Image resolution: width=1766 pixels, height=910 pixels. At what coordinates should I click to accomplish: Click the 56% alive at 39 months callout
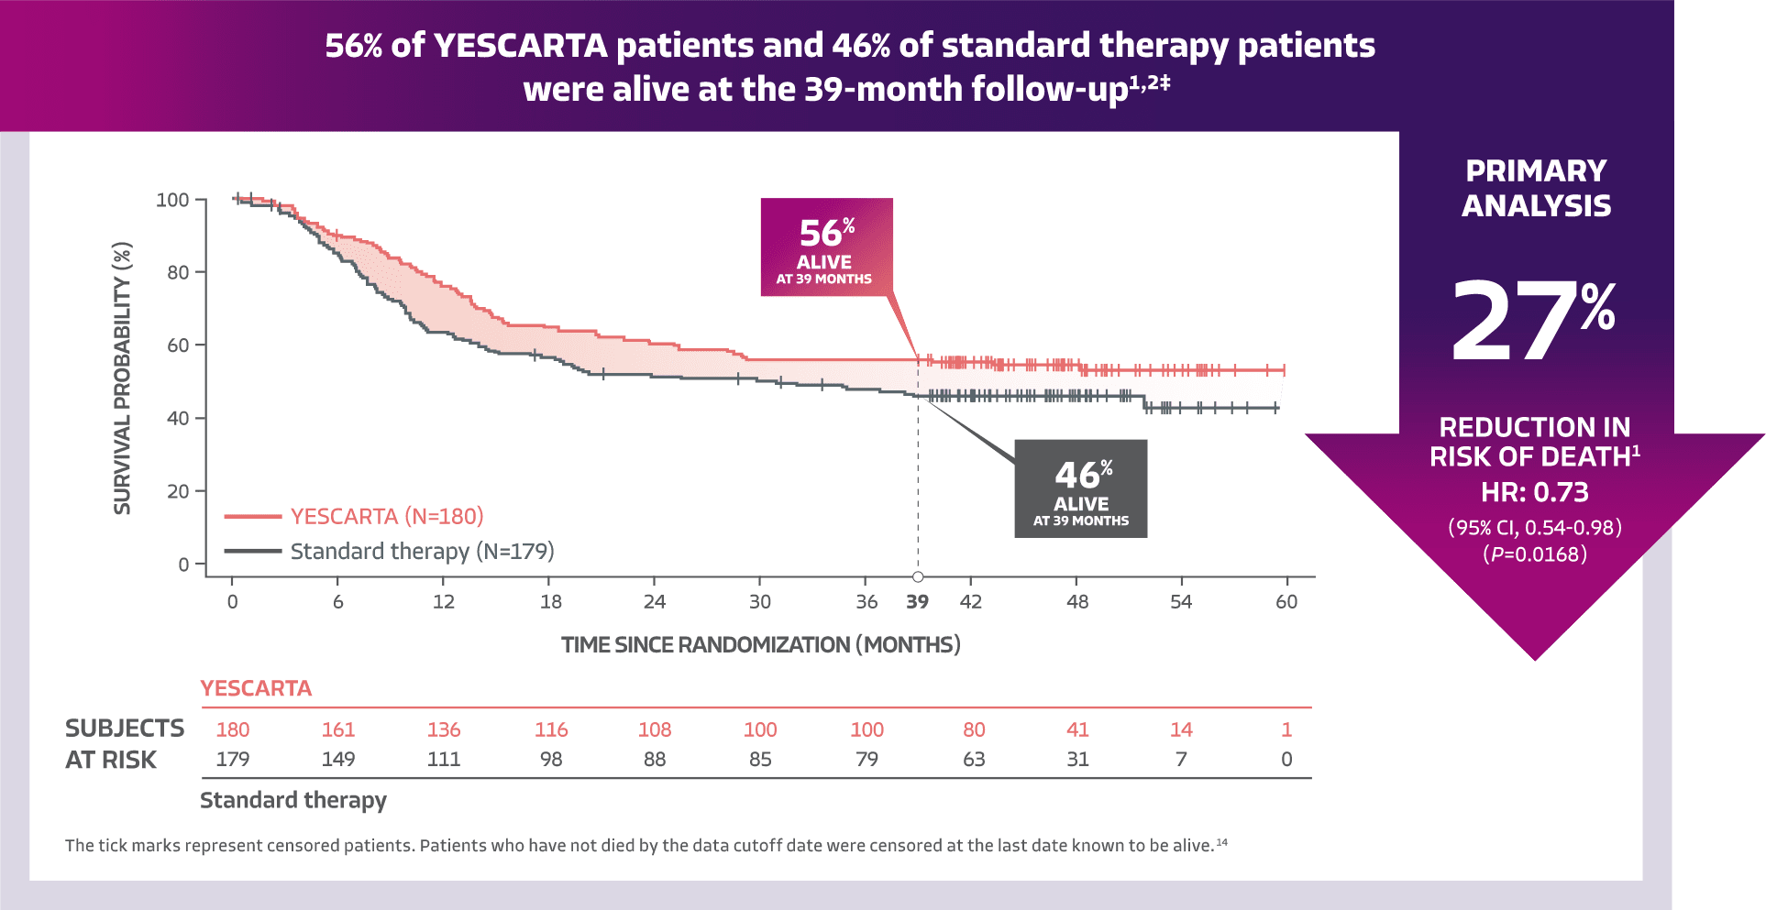point(826,247)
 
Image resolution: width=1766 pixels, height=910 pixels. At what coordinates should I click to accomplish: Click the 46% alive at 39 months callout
point(1080,488)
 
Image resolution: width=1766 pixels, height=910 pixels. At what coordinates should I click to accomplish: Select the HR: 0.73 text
point(1534,492)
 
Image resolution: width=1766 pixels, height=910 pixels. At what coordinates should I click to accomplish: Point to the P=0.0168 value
point(1535,554)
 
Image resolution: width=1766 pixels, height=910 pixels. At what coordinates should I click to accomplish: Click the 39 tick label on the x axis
point(917,602)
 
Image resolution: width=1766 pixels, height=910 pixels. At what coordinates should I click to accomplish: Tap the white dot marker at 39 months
point(918,576)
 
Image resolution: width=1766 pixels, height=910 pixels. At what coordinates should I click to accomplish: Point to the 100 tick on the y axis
point(172,200)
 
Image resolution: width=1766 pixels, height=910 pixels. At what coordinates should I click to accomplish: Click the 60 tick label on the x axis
point(1286,602)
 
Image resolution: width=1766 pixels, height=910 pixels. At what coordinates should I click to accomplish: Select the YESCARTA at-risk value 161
point(337,729)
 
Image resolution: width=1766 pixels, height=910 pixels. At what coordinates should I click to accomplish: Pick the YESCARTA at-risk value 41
point(1077,729)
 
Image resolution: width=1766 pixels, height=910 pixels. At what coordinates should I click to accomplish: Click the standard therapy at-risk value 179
point(232,760)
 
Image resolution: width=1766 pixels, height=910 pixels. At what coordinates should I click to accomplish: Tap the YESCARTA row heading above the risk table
point(256,688)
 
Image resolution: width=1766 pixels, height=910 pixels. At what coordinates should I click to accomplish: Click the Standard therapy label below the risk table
point(293,800)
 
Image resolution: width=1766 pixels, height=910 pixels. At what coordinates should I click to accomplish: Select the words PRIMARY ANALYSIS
point(1536,188)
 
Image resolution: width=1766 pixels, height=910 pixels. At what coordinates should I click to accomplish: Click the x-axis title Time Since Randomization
point(760,644)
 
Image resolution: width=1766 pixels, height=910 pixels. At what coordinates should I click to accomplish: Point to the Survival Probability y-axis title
point(122,378)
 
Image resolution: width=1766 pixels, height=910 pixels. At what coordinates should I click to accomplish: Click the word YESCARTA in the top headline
point(520,46)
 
